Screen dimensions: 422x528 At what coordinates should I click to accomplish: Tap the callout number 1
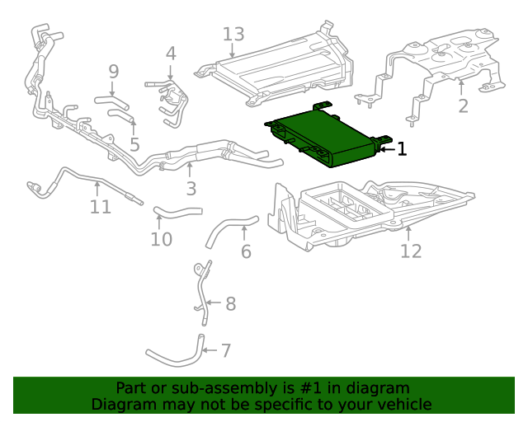point(402,149)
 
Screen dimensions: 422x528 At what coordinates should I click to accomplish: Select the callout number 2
point(463,105)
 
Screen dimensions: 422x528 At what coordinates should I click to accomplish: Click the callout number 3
point(191,190)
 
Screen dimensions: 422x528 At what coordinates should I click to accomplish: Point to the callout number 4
point(171,54)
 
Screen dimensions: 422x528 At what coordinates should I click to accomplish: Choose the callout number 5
point(134,144)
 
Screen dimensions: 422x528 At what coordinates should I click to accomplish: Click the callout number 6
point(246,251)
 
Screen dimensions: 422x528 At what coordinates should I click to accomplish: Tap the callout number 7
point(225,351)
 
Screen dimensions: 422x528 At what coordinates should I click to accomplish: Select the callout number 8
point(230,304)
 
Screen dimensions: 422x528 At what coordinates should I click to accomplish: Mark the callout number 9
point(114,72)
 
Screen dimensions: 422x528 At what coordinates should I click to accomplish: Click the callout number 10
point(162,239)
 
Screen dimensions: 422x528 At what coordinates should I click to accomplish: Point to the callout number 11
point(100,206)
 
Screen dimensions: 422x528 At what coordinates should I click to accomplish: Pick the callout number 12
point(411,251)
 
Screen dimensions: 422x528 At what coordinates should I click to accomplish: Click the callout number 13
point(233,34)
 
